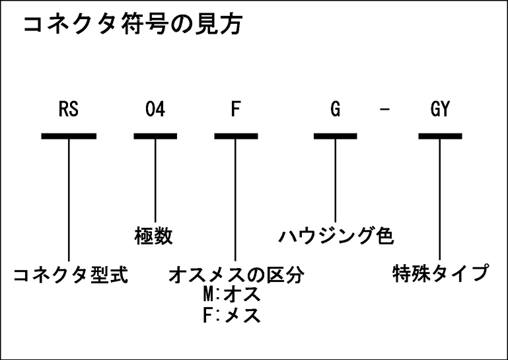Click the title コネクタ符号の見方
[133, 24]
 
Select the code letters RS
[68, 109]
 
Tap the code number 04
[155, 109]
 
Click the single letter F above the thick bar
[236, 109]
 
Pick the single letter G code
[336, 109]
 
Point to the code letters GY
[440, 109]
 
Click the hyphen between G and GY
[384, 109]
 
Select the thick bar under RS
[69, 136]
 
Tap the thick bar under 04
[155, 136]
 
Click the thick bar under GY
[440, 136]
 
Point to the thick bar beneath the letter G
[336, 136]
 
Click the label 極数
[153, 236]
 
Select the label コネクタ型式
[71, 275]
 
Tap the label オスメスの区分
[236, 275]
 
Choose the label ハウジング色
[336, 236]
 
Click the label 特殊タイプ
[441, 273]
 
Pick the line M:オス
[232, 295]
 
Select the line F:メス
[232, 315]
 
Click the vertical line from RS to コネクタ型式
[69, 200]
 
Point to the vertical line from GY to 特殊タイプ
[440, 199]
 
